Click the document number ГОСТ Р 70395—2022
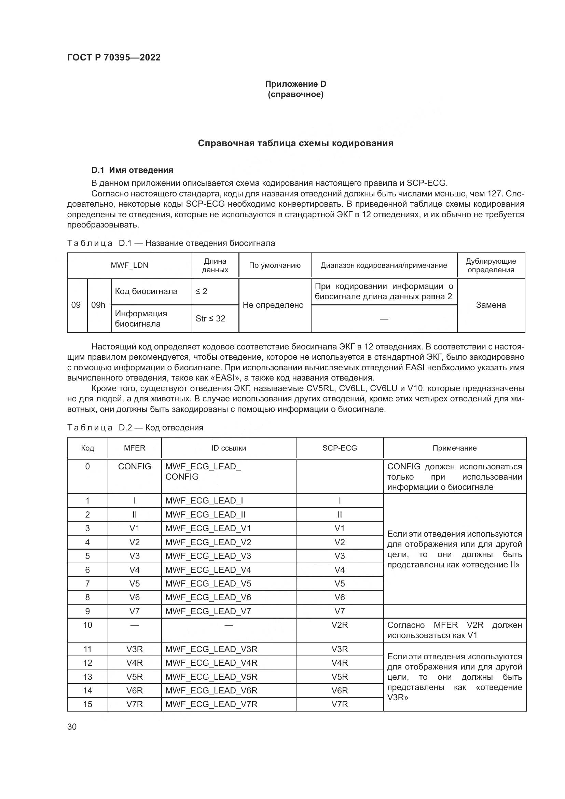114,57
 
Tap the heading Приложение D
295,84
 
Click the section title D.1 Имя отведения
132,170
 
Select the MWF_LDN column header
129,265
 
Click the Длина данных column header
215,265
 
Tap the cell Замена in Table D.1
491,305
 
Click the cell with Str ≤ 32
210,318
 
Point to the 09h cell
98,305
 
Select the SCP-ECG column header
340,448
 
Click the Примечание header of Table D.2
454,448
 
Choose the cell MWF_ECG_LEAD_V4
208,570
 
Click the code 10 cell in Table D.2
88,625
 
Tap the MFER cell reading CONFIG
135,467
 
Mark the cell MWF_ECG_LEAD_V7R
211,704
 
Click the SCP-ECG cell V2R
340,625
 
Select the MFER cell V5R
135,677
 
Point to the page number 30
72,727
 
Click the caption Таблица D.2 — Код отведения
135,427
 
